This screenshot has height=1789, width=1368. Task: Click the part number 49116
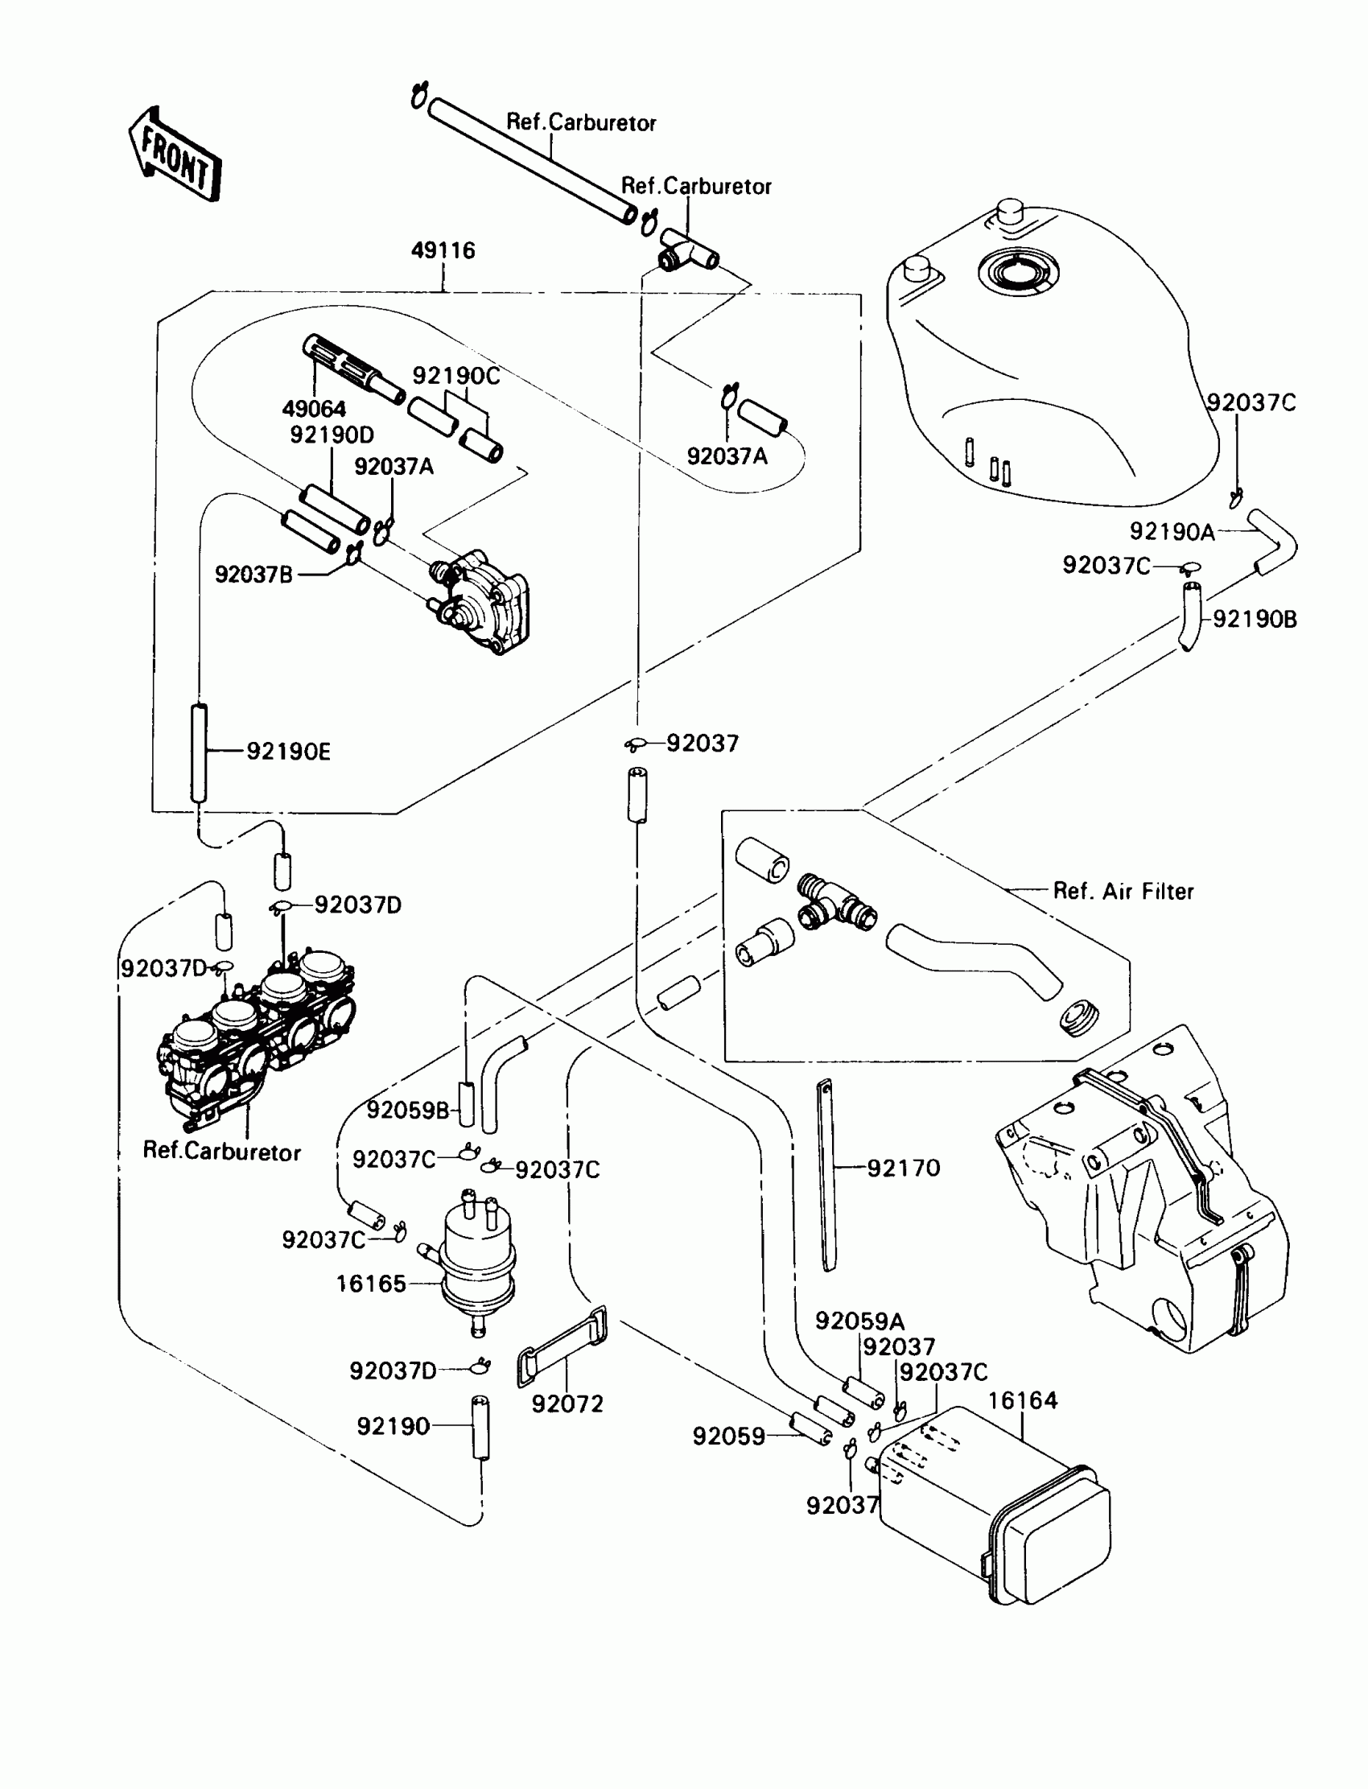point(443,250)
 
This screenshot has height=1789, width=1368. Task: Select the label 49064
point(315,408)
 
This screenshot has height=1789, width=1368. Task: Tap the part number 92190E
point(289,751)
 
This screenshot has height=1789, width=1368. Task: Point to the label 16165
point(370,1284)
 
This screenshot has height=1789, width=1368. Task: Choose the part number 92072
point(567,1404)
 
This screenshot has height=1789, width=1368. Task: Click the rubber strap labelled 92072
point(562,1346)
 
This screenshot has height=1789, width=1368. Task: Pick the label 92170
point(904,1168)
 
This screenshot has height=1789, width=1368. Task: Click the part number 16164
point(1023,1399)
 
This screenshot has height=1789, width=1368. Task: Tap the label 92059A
point(860,1321)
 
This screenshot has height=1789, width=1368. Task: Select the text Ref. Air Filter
point(1123,891)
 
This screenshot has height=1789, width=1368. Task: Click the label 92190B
point(1255,619)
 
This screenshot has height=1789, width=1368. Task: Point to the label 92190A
point(1172,532)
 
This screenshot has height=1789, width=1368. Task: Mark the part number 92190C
point(456,375)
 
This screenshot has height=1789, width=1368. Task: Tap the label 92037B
point(253,574)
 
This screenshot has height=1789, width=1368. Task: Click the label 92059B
point(408,1110)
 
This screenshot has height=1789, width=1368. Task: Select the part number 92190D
point(332,435)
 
